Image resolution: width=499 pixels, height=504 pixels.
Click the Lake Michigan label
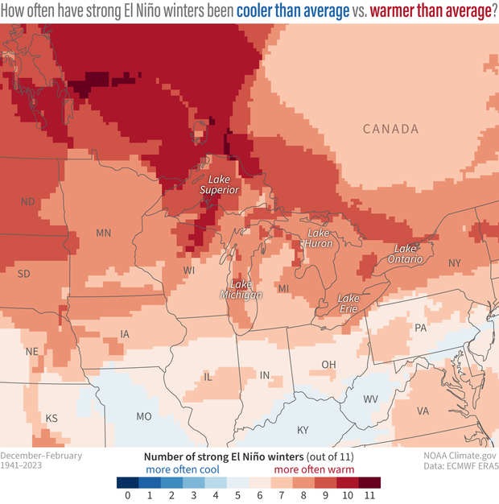click(246, 290)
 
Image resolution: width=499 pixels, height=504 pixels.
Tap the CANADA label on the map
click(390, 129)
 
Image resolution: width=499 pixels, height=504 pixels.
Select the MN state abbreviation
click(103, 233)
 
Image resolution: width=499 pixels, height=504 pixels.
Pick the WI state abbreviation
click(188, 270)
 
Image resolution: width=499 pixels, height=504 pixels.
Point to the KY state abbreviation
click(303, 430)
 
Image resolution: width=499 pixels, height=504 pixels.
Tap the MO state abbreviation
click(144, 416)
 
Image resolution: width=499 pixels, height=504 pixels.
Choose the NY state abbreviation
click(454, 263)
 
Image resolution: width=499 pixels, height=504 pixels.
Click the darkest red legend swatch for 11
click(369, 483)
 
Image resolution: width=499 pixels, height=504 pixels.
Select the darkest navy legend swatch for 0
click(127, 483)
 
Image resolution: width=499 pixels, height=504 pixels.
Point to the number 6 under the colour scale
click(260, 497)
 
